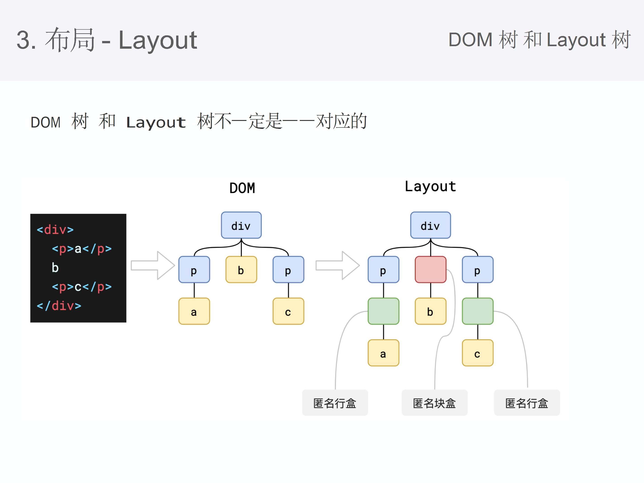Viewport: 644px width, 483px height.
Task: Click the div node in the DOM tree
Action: (241, 225)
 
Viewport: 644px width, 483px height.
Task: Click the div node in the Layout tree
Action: (430, 225)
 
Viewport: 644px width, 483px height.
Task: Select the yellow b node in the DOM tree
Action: (241, 270)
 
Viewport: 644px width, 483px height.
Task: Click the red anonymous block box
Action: (430, 270)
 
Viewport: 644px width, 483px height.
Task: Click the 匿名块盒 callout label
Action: (434, 403)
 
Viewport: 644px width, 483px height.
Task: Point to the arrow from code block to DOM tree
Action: (153, 265)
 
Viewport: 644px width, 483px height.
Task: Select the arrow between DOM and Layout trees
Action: (337, 265)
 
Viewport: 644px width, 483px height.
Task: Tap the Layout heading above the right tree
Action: (430, 186)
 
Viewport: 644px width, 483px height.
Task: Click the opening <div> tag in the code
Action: (55, 230)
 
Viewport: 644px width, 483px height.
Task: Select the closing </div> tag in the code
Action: (59, 306)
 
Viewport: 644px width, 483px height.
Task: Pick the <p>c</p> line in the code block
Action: (82, 287)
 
